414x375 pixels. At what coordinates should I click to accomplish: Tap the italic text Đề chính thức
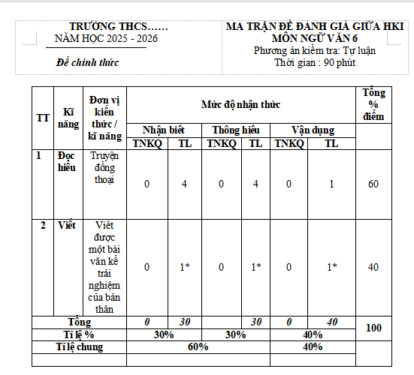coord(88,62)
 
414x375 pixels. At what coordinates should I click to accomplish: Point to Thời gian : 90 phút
coord(314,62)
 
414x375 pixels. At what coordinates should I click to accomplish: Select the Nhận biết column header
coord(163,130)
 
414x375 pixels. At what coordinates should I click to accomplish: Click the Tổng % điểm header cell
coord(373,104)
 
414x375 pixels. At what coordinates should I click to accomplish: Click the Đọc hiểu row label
coord(68,162)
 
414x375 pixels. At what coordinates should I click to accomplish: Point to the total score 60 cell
coord(373,184)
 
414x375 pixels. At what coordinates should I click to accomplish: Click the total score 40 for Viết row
coord(373,266)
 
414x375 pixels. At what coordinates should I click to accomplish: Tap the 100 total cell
coord(373,328)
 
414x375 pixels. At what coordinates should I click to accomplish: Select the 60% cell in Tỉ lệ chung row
coord(198,346)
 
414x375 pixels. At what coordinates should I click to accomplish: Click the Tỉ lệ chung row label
coord(79,346)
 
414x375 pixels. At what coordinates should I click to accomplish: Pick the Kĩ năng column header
coord(68,116)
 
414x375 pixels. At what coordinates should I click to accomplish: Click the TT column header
coord(43,116)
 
